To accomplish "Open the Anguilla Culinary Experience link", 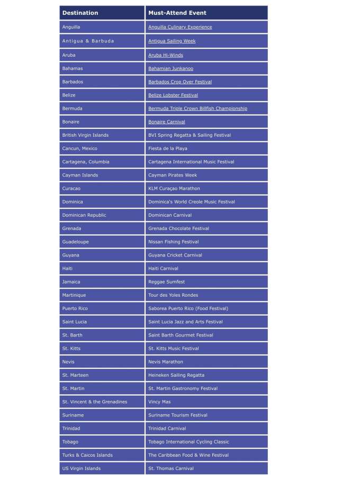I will (180, 27).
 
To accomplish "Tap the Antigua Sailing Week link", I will (172, 41).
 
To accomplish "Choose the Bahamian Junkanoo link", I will (170, 68).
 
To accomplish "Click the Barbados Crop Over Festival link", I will (180, 82).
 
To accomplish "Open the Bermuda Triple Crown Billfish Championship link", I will (197, 109).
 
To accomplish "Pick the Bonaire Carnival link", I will (167, 122).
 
